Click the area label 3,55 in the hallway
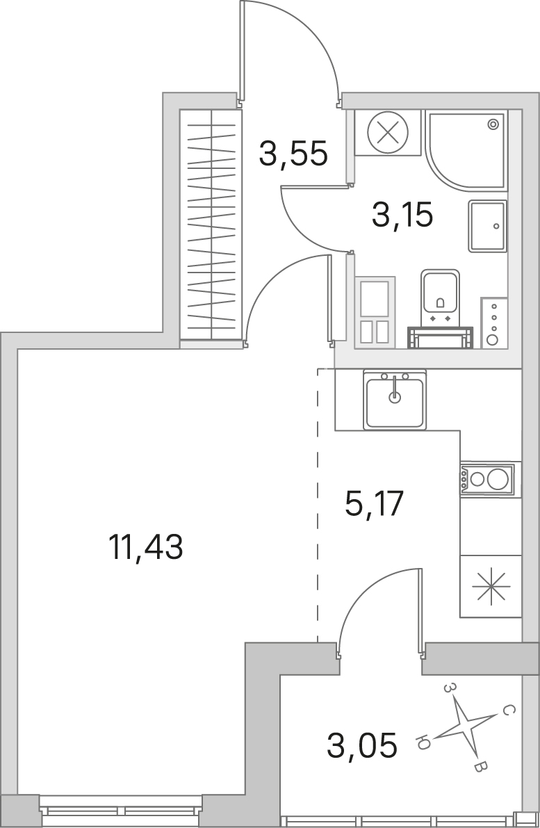(293, 153)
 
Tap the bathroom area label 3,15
(402, 215)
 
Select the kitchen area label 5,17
(375, 503)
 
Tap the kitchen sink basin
(395, 399)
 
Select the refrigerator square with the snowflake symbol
(491, 586)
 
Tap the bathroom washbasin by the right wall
(487, 226)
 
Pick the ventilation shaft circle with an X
(388, 133)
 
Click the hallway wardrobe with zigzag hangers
(211, 225)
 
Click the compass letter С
(506, 710)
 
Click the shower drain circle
(493, 124)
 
